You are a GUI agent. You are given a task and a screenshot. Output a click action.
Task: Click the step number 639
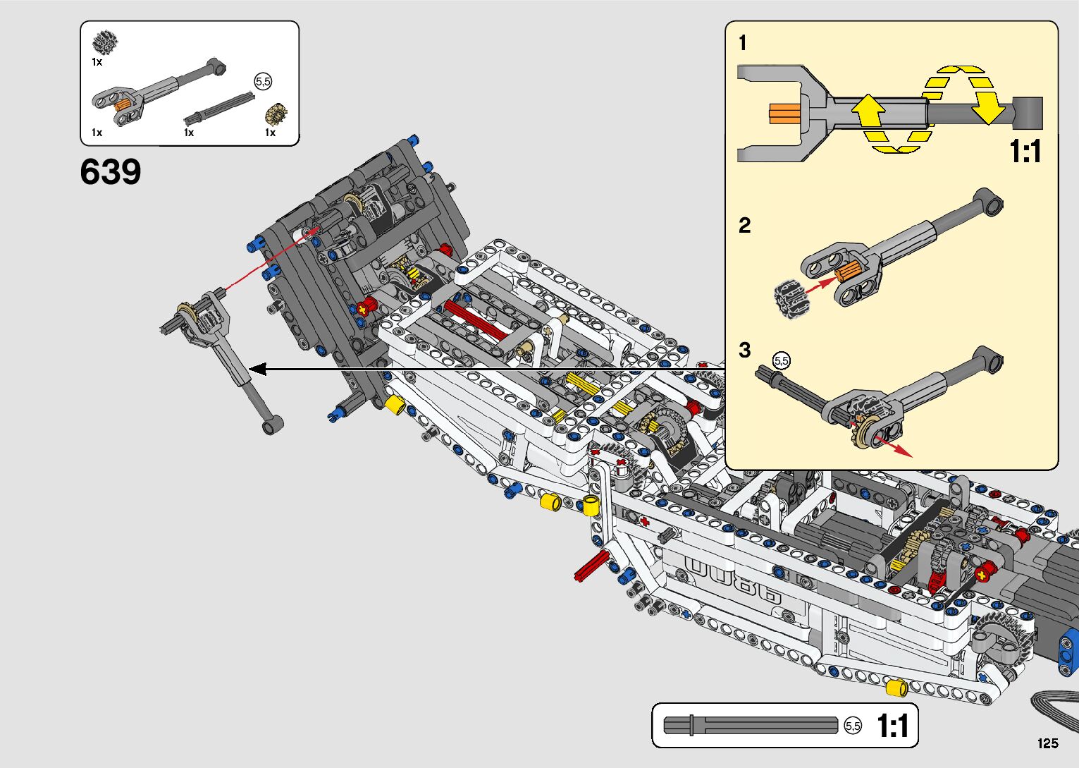tap(111, 172)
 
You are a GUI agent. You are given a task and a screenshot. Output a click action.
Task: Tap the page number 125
tap(1047, 743)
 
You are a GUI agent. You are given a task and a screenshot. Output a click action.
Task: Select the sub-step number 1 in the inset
tap(742, 44)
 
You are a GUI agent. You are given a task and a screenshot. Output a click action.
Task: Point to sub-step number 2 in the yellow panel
tap(744, 226)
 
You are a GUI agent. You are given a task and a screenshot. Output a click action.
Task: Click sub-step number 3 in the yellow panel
tap(744, 351)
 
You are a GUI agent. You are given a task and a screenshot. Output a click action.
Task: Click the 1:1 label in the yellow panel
tap(1025, 151)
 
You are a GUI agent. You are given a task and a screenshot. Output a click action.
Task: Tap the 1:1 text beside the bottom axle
tap(892, 726)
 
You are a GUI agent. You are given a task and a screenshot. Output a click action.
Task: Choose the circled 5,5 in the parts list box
tap(263, 82)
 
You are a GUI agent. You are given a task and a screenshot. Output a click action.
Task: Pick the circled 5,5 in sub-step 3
tap(782, 361)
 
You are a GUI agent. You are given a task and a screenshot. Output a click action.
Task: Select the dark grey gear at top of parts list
tap(104, 43)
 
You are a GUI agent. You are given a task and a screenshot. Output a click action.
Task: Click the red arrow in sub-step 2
tap(820, 284)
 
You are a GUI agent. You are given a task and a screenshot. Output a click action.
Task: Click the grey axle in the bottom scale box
tap(751, 725)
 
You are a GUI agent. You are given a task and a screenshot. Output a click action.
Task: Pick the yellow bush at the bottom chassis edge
tap(896, 688)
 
